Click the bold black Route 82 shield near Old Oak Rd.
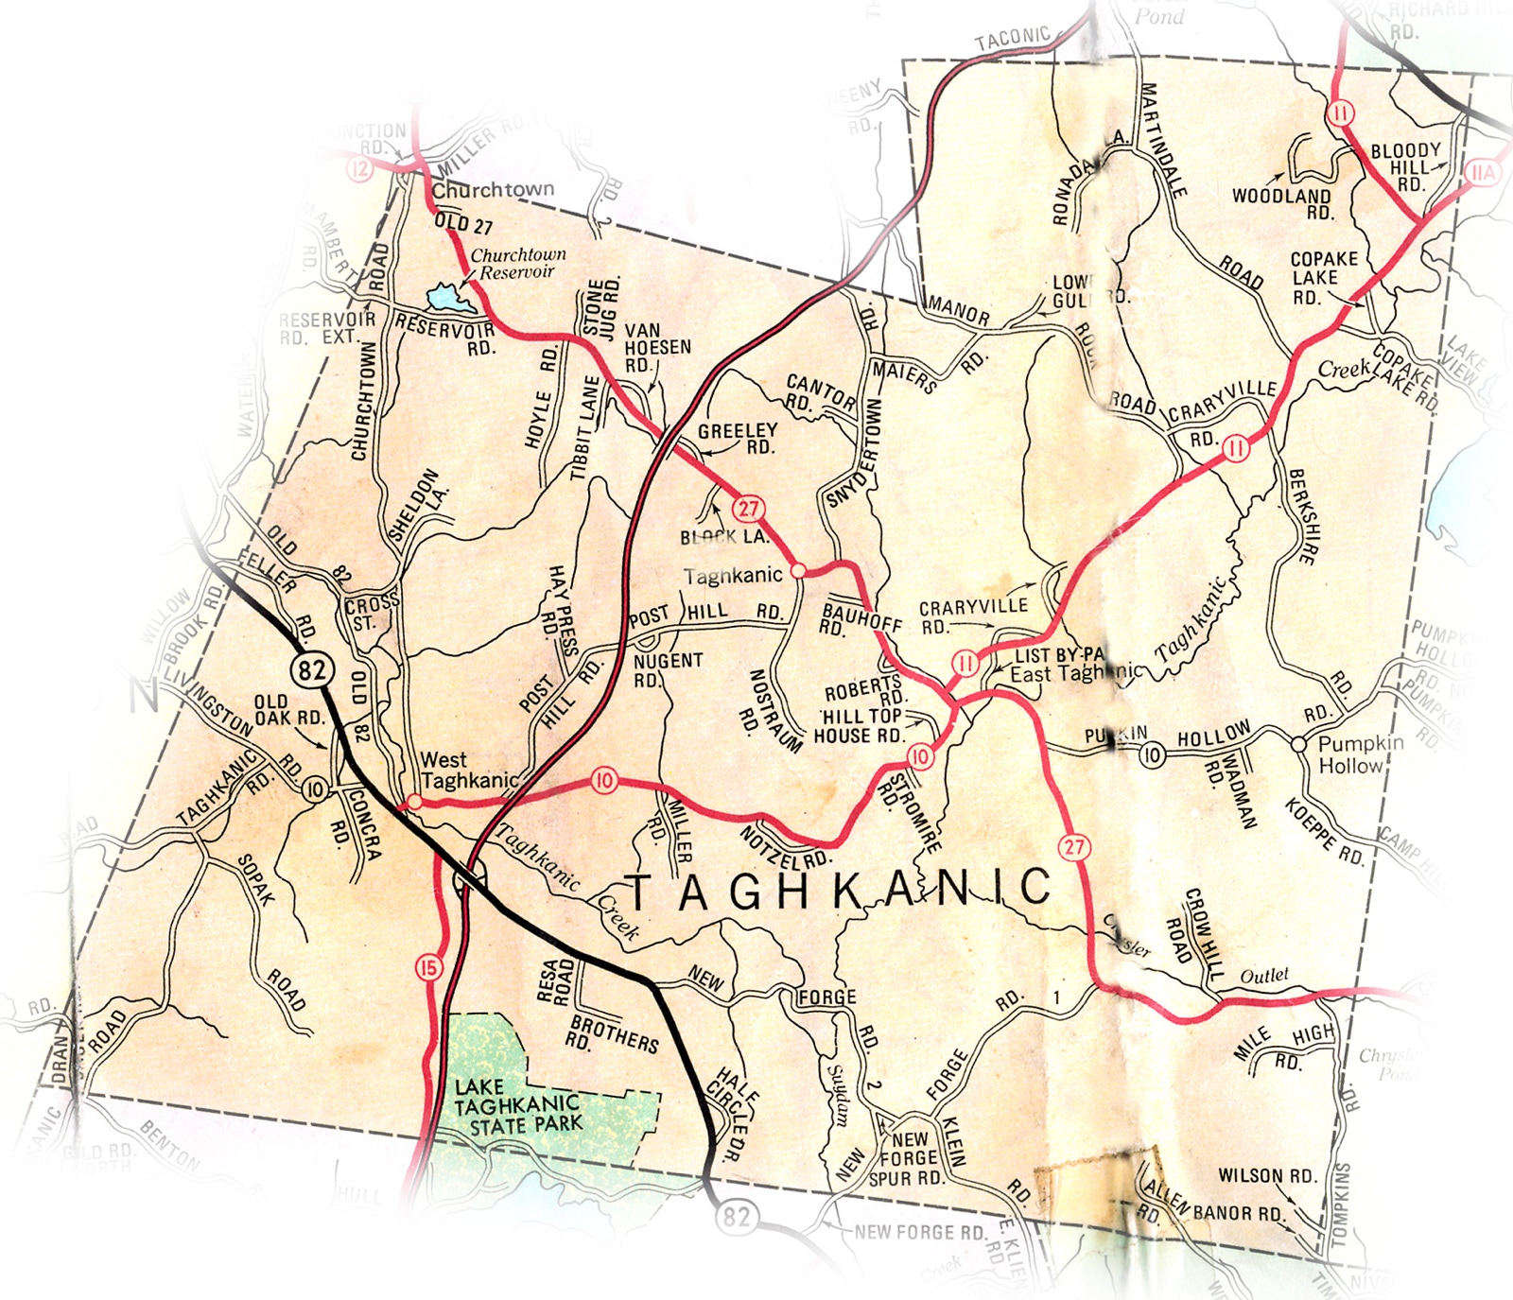(312, 670)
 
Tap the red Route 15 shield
(428, 967)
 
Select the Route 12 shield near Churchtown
(359, 169)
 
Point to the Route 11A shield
(1483, 173)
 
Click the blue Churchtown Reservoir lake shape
(450, 299)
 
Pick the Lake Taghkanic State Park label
(517, 1106)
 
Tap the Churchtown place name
(493, 190)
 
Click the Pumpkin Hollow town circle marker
(1299, 743)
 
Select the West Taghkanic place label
(469, 770)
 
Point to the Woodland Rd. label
(1282, 204)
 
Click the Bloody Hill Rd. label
(1406, 166)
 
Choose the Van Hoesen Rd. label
(656, 348)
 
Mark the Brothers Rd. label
(615, 1033)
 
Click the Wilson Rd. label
(1267, 1176)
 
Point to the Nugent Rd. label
(668, 668)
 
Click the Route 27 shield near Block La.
(748, 509)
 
